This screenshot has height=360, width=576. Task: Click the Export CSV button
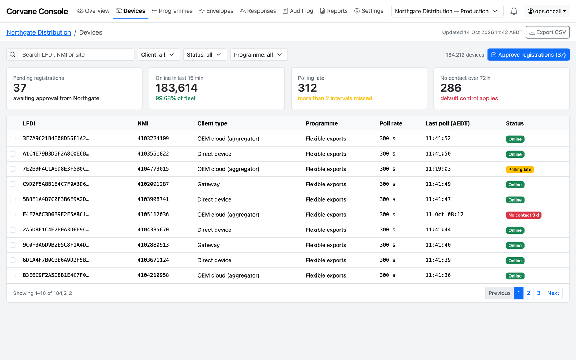[548, 32]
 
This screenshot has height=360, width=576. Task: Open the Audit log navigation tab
[298, 11]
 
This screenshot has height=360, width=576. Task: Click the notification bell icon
[514, 11]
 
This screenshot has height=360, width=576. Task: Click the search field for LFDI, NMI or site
[77, 54]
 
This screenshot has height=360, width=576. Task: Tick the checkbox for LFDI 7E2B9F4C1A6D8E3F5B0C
[13, 169]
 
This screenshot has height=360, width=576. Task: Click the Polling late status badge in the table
[520, 170]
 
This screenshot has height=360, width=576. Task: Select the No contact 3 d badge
[523, 215]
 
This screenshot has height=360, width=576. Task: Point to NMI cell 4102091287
[153, 184]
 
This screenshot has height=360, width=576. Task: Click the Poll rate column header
[391, 123]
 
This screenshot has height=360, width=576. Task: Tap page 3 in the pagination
[539, 293]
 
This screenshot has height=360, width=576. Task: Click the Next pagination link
[553, 293]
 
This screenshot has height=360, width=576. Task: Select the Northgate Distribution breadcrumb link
[39, 32]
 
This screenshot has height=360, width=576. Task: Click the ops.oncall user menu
[547, 11]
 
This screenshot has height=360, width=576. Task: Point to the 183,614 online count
[176, 88]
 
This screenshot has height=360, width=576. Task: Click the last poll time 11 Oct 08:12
[444, 215]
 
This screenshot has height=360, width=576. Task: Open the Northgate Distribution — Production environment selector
[447, 11]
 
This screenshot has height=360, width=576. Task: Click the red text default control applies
[469, 98]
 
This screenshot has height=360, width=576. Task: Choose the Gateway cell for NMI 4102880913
[208, 245]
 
